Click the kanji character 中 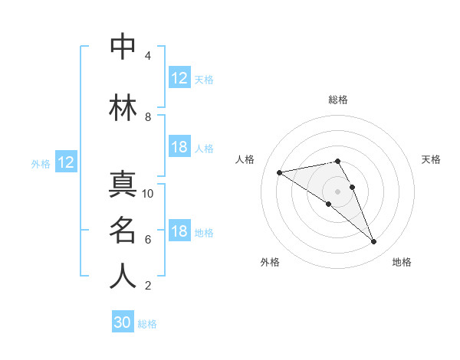tap(123, 46)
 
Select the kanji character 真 tap(123, 185)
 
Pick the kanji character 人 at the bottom tap(123, 277)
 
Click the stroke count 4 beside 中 tap(147, 56)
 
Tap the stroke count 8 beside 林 tap(147, 117)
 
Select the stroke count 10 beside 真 tap(148, 194)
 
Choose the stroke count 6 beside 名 tap(147, 240)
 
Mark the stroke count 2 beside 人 tap(147, 286)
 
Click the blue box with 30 tap(123, 323)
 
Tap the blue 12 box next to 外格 tap(66, 162)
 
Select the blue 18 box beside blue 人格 tap(179, 148)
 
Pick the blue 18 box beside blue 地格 tap(179, 232)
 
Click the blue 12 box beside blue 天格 tap(179, 78)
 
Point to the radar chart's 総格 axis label tap(338, 100)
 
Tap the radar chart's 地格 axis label tap(402, 262)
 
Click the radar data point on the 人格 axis tap(280, 172)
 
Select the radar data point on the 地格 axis tap(373, 242)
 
